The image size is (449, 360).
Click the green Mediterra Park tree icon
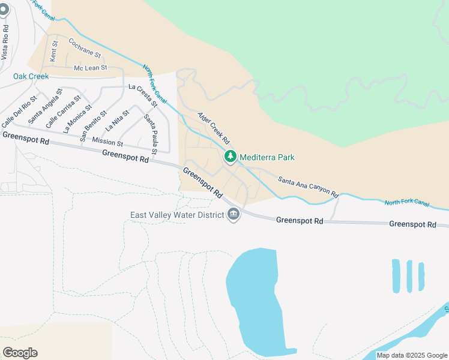click(230, 157)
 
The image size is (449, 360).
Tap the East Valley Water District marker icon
click(234, 214)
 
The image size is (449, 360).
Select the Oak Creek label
click(31, 76)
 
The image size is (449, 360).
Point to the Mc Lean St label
click(90, 68)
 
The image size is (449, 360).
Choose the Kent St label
click(54, 49)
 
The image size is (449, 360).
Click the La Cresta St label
click(143, 95)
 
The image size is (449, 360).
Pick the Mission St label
click(107, 142)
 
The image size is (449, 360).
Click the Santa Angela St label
click(45, 108)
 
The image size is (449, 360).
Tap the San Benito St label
click(94, 121)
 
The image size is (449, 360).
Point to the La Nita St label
click(117, 121)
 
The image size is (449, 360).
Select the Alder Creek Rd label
click(214, 126)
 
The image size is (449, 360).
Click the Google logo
click(20, 353)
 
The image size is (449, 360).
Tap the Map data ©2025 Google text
click(412, 355)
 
